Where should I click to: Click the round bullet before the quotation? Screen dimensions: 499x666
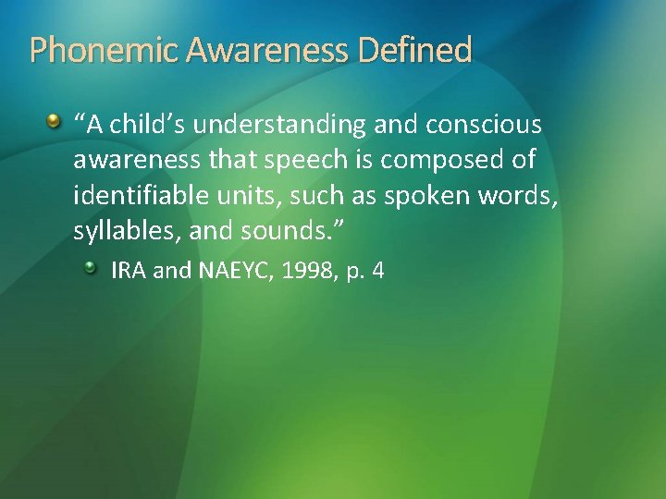[55, 122]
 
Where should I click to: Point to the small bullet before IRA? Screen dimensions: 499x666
[91, 268]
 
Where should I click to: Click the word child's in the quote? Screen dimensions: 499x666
[142, 125]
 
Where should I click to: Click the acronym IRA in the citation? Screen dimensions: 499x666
[126, 271]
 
